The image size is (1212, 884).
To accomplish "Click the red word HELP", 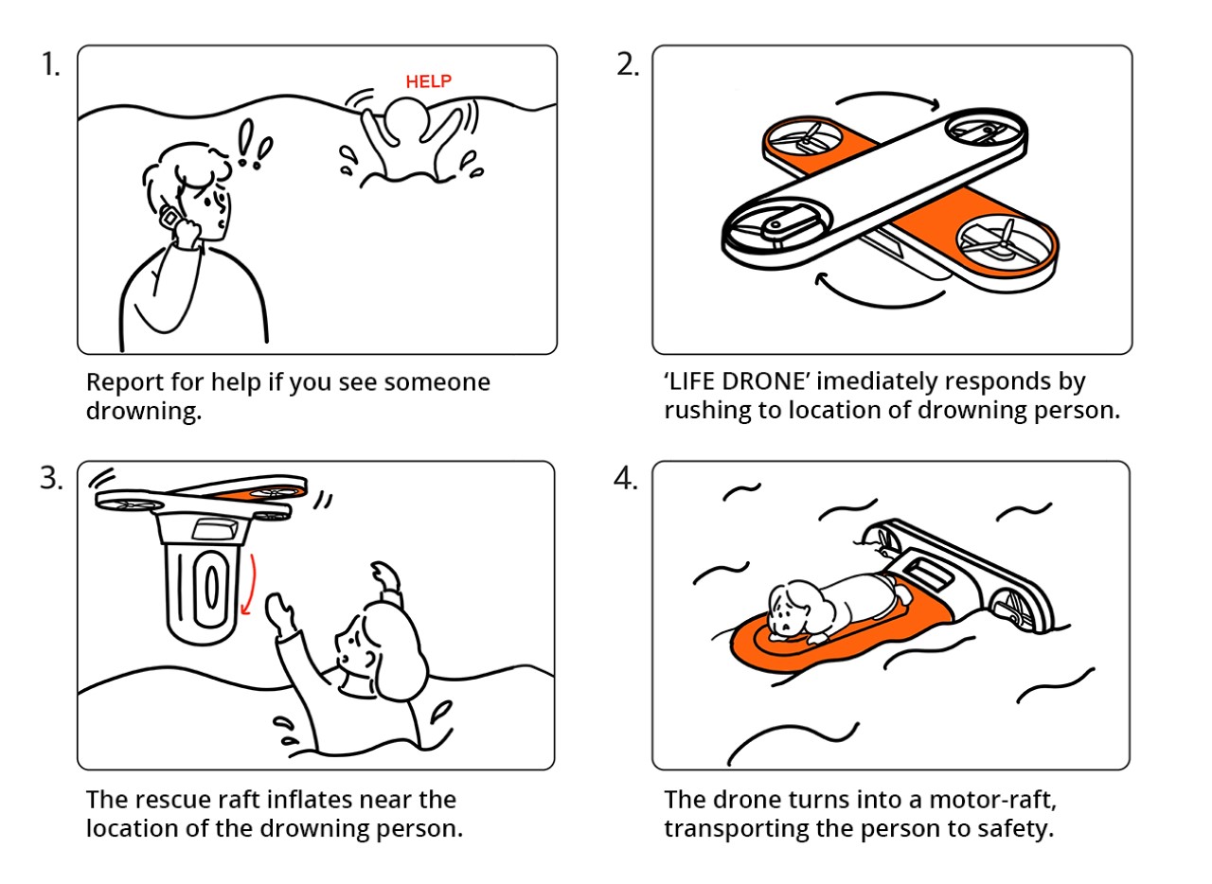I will pyautogui.click(x=428, y=81).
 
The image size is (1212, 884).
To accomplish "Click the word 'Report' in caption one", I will pyautogui.click(x=123, y=382).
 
